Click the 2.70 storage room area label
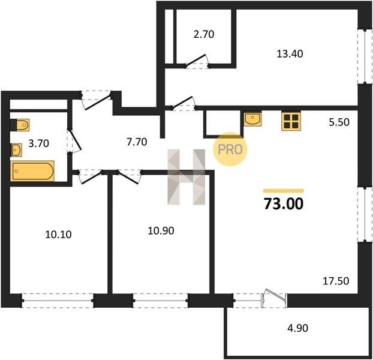[x=204, y=34]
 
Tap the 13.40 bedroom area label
[x=290, y=54]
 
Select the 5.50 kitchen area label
[x=339, y=122]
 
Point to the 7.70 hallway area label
[x=137, y=142]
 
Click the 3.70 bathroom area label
[x=39, y=143]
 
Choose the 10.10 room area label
[x=58, y=235]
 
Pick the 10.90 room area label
[x=161, y=230]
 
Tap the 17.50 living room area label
[x=336, y=281]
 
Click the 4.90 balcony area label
[x=297, y=328]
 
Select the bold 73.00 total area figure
[x=284, y=204]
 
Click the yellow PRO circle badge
[x=230, y=149]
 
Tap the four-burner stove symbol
[x=291, y=121]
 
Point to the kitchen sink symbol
[x=252, y=119]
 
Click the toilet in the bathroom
[x=20, y=125]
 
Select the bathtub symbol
[x=32, y=171]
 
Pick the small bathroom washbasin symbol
[x=16, y=150]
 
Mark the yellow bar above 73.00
[x=284, y=191]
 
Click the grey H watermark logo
[x=186, y=177]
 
